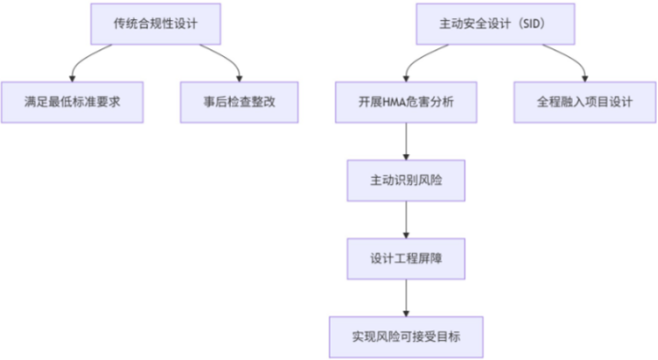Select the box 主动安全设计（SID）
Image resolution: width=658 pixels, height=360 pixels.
[494, 23]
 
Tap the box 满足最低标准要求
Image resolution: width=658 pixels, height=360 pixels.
[71, 103]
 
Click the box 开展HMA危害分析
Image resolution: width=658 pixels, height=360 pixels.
[406, 103]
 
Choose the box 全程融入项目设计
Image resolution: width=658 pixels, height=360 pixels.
[584, 103]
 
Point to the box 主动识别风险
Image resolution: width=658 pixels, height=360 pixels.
[406, 180]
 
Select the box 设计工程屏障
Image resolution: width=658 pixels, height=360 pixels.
[406, 258]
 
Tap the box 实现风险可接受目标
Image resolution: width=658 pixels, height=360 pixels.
[406, 336]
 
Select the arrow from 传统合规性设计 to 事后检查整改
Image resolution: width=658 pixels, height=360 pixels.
[223, 59]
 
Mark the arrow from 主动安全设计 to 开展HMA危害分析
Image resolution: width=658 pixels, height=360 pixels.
[423, 59]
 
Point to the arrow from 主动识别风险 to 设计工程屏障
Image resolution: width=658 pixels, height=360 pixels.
[406, 219]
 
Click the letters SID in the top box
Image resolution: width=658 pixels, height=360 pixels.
[535, 23]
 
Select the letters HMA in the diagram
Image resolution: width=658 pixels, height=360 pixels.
[395, 103]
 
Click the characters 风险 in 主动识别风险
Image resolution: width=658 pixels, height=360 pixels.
[429, 180]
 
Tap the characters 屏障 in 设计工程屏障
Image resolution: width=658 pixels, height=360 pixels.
[429, 258]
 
